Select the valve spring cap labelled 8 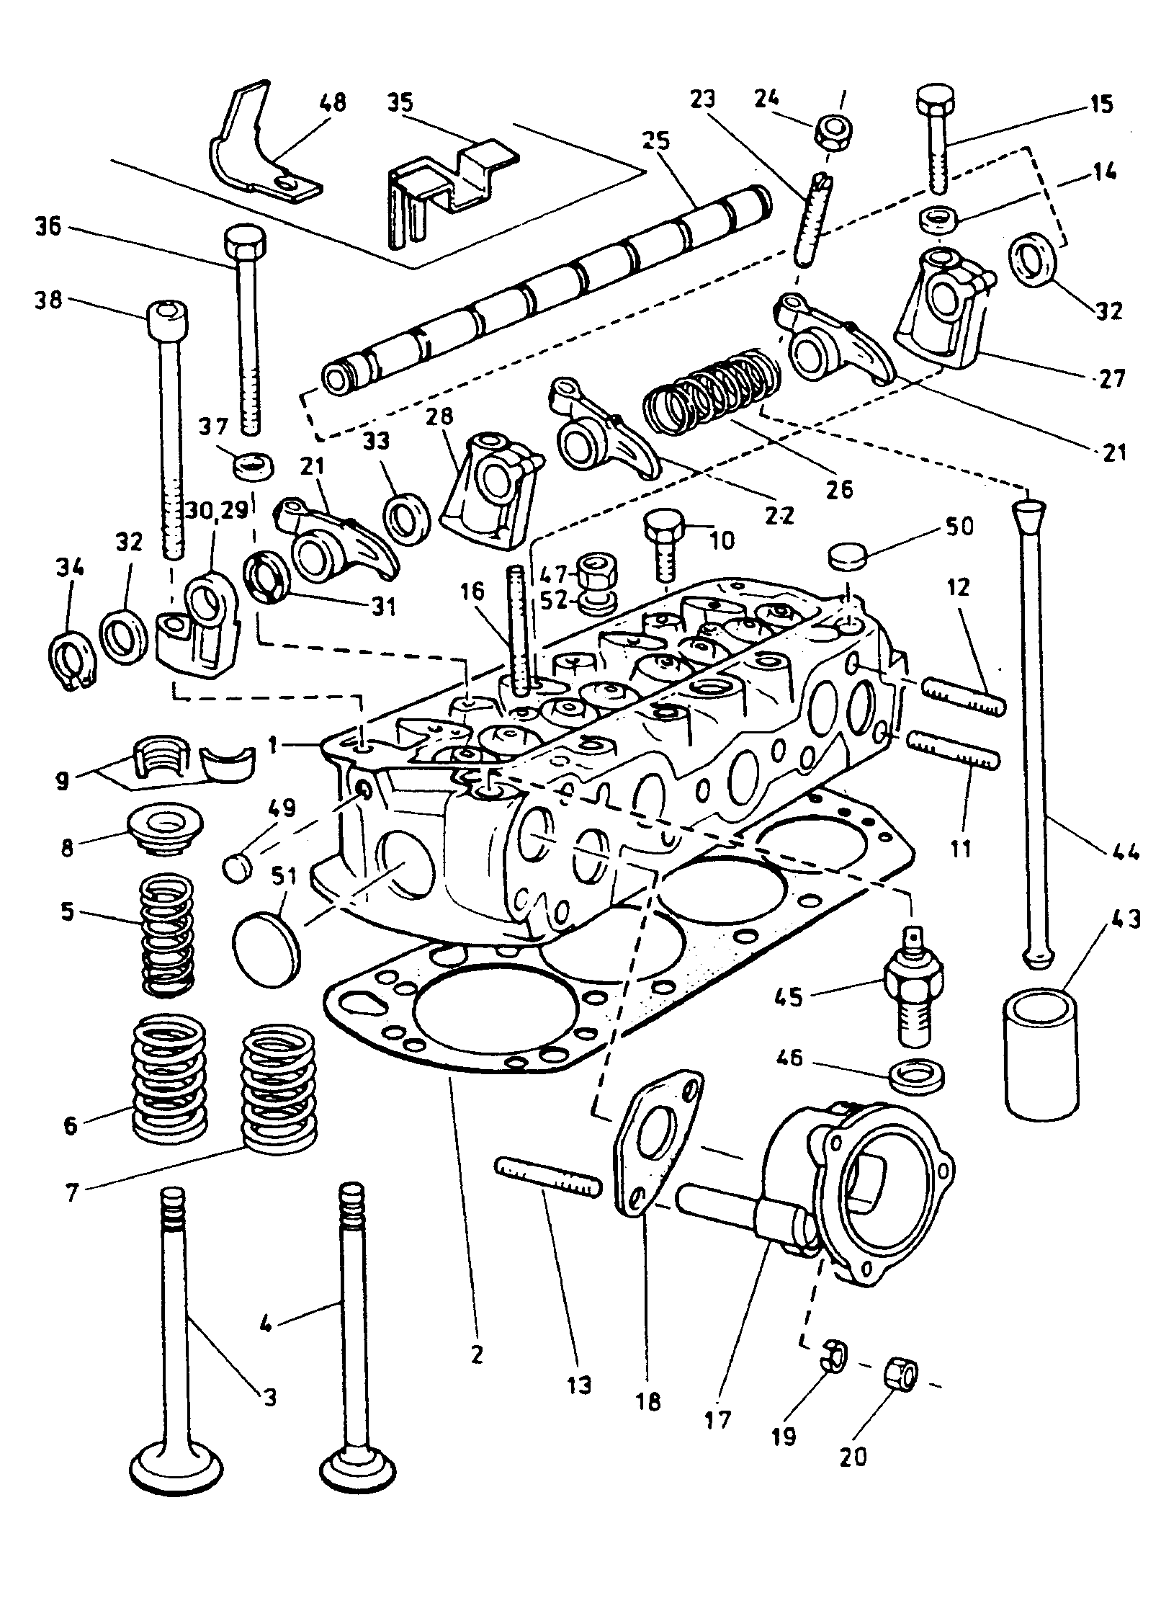pyautogui.click(x=165, y=826)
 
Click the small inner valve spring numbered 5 pyautogui.click(x=166, y=934)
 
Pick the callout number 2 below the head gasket pyautogui.click(x=476, y=1354)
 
